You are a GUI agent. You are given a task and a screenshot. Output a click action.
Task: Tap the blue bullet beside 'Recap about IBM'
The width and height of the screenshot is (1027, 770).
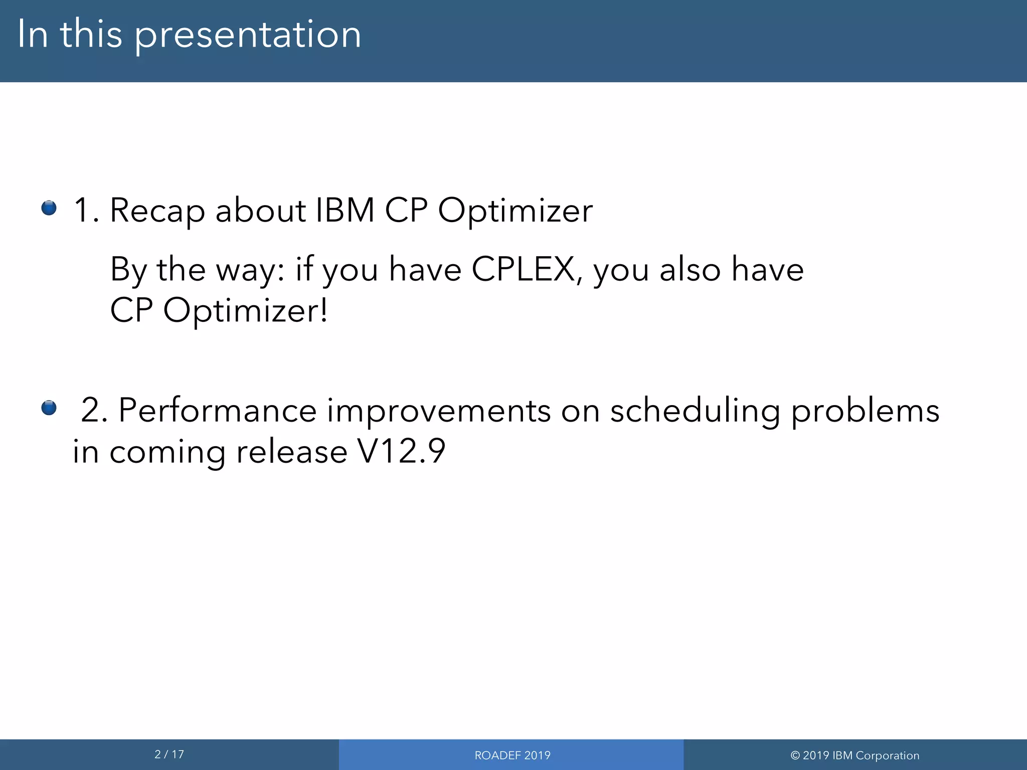click(49, 208)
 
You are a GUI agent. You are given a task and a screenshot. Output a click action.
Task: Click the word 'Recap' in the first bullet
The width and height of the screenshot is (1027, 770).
click(157, 211)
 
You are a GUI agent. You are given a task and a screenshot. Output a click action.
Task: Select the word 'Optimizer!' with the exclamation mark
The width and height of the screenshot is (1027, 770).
click(246, 311)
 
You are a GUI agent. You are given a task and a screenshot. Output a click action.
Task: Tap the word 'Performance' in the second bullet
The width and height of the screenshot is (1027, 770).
click(217, 411)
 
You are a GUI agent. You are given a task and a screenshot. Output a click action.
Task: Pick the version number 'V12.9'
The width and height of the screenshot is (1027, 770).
click(401, 451)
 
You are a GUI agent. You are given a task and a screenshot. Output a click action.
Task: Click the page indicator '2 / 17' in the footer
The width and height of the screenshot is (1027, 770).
click(169, 754)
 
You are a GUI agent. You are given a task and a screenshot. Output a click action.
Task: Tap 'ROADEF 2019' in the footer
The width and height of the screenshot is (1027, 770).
click(512, 755)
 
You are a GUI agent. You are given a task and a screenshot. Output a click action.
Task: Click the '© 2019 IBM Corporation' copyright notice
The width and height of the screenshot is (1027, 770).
click(854, 755)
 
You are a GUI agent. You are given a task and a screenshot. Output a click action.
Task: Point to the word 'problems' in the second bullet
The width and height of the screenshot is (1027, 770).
click(865, 412)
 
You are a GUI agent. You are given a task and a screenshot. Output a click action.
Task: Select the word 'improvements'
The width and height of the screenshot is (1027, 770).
click(439, 412)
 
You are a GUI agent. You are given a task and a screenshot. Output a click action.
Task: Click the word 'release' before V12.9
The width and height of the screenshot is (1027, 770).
click(291, 451)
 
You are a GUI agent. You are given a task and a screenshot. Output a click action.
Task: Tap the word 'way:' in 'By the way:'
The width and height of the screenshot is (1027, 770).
click(250, 271)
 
